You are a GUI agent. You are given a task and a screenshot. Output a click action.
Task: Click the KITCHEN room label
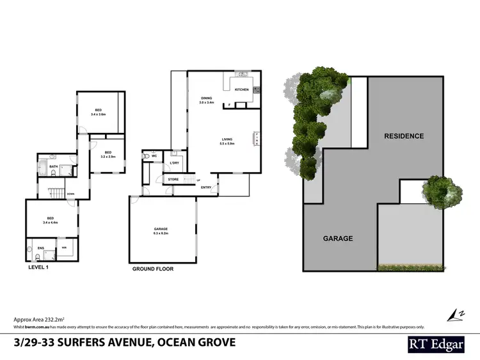[241, 90]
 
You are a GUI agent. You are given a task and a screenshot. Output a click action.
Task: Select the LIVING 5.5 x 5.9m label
[227, 141]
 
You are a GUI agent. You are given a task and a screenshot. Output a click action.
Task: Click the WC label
[154, 155]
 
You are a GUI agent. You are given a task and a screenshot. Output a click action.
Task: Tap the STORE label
[173, 180]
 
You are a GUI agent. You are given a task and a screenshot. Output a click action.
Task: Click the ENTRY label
[206, 187]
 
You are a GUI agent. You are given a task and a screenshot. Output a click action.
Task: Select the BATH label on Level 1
[54, 166]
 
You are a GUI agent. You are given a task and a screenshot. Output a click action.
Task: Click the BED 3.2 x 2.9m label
[108, 153]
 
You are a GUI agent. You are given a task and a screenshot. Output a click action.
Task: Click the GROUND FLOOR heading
[152, 269]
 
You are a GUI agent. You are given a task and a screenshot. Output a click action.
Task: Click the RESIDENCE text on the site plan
[404, 136]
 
